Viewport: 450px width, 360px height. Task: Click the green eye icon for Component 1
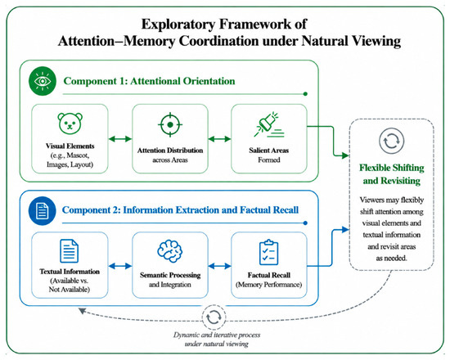(x=43, y=81)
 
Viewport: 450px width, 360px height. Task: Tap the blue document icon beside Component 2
(x=43, y=211)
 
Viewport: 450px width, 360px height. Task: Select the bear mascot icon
(x=70, y=124)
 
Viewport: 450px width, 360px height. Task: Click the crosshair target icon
(x=170, y=124)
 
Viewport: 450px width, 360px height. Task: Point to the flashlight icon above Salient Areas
(x=268, y=124)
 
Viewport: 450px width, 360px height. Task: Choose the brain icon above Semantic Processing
(x=170, y=251)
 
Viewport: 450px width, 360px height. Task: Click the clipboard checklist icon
(x=268, y=252)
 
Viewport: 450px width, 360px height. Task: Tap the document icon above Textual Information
(x=70, y=251)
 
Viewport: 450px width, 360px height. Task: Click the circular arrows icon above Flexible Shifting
(x=391, y=141)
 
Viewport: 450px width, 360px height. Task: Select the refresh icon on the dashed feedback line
(x=214, y=317)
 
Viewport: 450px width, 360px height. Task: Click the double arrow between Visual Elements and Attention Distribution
(x=120, y=139)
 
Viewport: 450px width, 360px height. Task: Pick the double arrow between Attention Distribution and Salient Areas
(x=219, y=139)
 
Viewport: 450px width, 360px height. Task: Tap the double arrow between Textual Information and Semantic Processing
(x=120, y=266)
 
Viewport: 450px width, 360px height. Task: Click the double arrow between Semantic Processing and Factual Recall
(x=219, y=266)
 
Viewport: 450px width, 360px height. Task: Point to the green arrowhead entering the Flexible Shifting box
(x=345, y=155)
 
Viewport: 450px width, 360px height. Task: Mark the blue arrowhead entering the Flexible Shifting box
(x=345, y=229)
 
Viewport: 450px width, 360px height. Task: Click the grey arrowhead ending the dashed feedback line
(x=82, y=311)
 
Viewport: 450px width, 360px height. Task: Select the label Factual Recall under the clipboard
(x=269, y=275)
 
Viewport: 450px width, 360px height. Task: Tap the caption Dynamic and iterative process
(x=217, y=335)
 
